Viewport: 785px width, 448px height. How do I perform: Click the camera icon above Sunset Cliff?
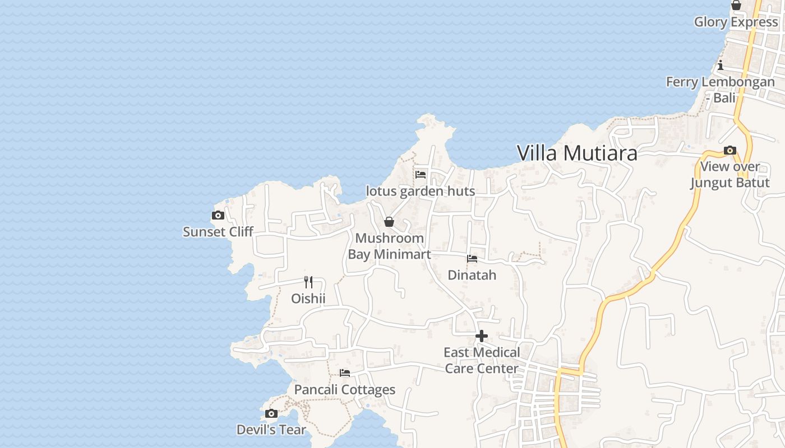[x=218, y=215]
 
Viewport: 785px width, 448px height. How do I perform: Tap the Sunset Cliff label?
[x=218, y=232]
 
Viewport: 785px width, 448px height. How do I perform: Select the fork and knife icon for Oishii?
[x=308, y=282]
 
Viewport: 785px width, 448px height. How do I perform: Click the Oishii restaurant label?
[x=308, y=298]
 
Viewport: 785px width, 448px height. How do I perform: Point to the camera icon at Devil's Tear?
[x=271, y=413]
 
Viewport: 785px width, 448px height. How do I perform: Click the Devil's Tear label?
[x=271, y=430]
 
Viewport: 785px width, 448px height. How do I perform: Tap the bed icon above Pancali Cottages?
[x=345, y=373]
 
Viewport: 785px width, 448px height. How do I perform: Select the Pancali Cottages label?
[x=345, y=390]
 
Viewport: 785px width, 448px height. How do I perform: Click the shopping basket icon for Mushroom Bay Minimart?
[x=389, y=222]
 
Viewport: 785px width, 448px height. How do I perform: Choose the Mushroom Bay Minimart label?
[x=390, y=246]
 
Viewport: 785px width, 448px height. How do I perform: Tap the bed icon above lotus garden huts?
[x=421, y=174]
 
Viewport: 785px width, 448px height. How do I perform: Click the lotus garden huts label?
[x=421, y=191]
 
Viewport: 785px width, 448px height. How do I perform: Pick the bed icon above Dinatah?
[x=472, y=259]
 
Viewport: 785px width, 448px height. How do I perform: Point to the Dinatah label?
[x=472, y=276]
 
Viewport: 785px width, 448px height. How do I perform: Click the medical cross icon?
[x=482, y=336]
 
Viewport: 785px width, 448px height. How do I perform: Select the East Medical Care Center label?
[x=482, y=361]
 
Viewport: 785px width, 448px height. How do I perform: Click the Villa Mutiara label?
[x=577, y=153]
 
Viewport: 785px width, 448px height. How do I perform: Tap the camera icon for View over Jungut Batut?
[x=730, y=150]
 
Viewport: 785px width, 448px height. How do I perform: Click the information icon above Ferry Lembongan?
[x=721, y=65]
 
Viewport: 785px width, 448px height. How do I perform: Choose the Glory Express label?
[x=736, y=22]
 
